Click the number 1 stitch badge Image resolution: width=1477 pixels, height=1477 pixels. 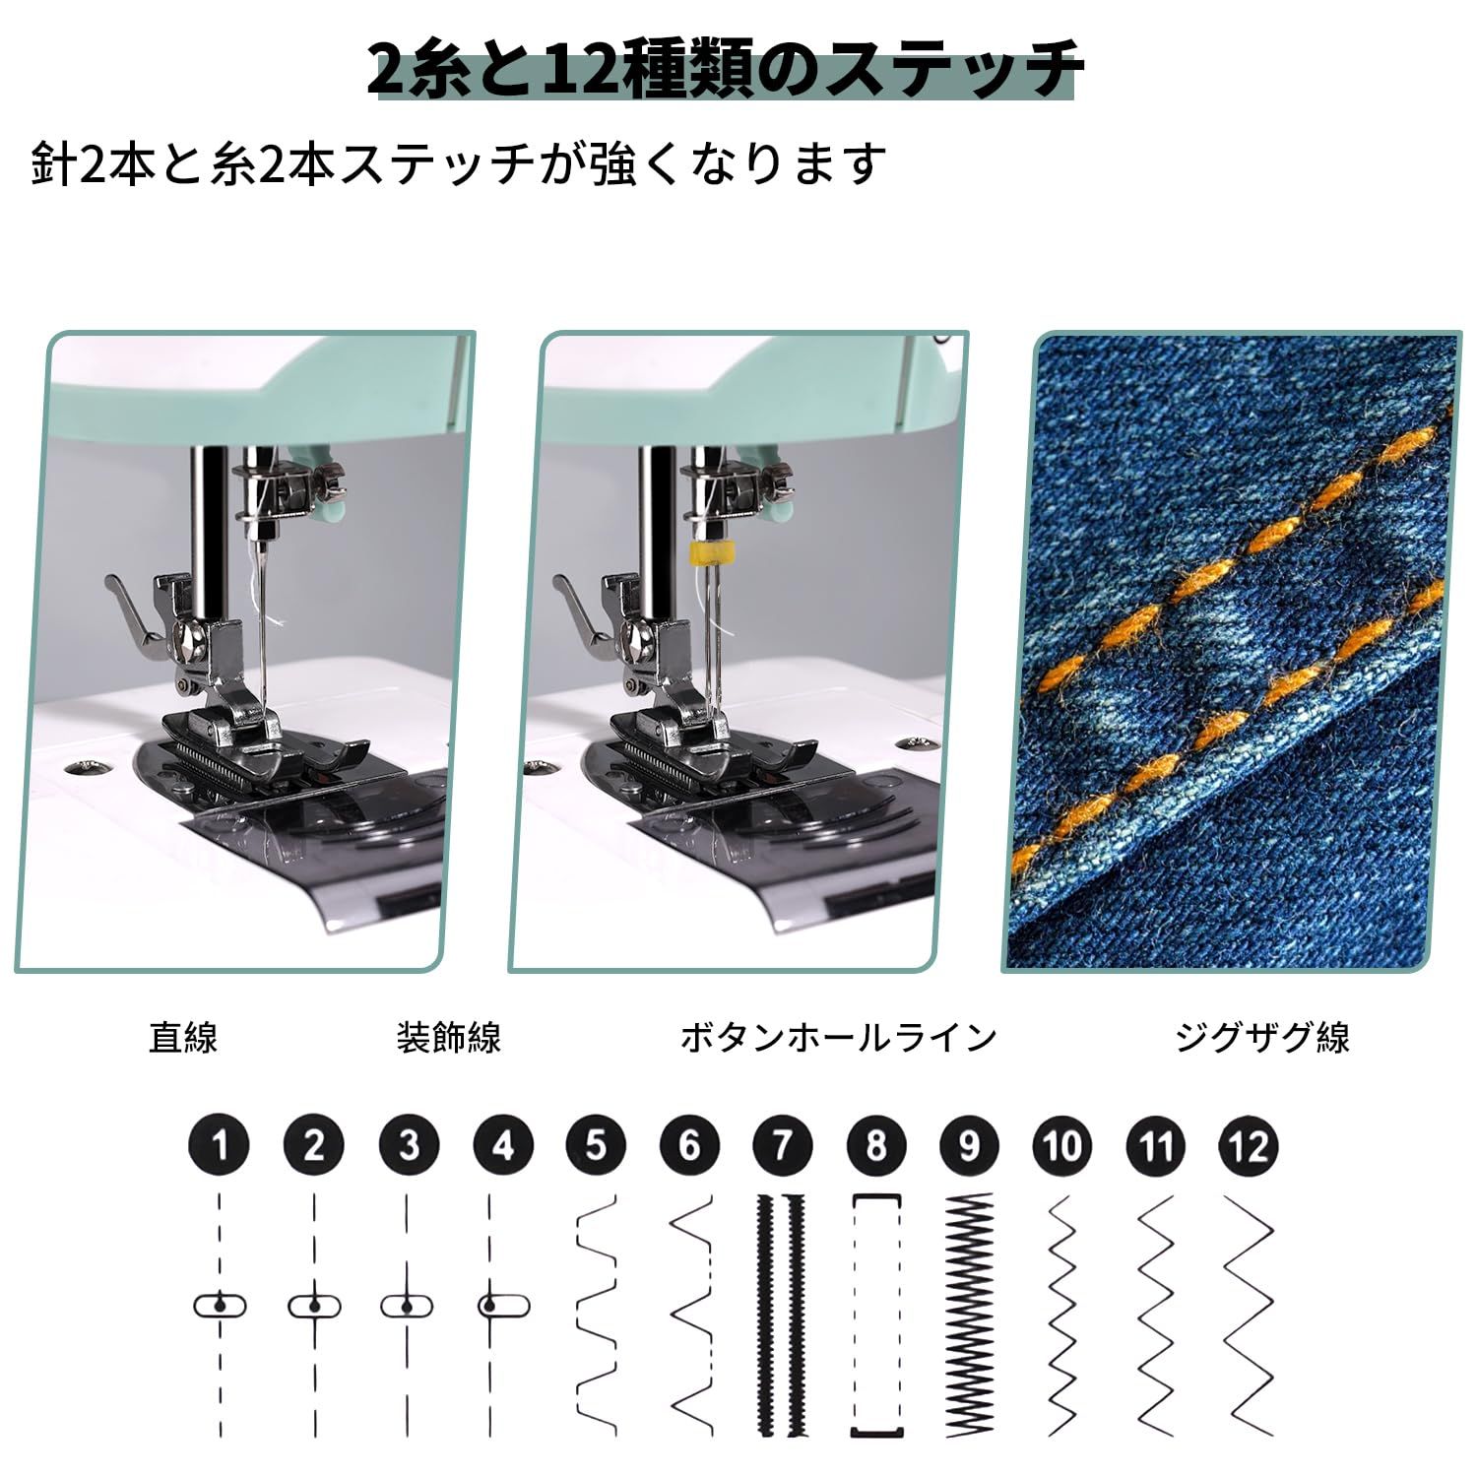pos(219,1145)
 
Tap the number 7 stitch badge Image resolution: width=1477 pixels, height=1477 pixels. pos(783,1145)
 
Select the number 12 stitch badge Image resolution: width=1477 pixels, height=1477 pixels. pos(1249,1145)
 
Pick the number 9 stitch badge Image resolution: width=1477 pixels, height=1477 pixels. pos(970,1145)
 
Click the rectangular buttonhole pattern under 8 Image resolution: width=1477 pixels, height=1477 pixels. pos(876,1315)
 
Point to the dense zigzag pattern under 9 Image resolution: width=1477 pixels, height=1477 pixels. pos(969,1315)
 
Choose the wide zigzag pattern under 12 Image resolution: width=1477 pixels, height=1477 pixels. pos(1249,1315)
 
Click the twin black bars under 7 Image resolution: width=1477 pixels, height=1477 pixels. pos(781,1315)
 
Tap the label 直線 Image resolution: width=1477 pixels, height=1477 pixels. pos(183,1037)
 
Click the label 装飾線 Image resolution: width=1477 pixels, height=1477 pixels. pos(449,1037)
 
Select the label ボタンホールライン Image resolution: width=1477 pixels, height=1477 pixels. pos(838,1037)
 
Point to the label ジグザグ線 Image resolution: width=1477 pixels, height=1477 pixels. pos(1262,1037)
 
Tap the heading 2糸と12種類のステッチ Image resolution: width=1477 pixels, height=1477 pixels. pos(725,69)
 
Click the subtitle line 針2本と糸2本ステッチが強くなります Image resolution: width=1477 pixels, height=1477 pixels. pos(459,163)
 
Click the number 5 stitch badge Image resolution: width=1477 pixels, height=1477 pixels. pos(595,1145)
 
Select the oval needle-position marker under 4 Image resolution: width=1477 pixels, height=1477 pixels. pos(503,1307)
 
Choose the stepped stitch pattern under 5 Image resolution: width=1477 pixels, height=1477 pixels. pos(596,1315)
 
